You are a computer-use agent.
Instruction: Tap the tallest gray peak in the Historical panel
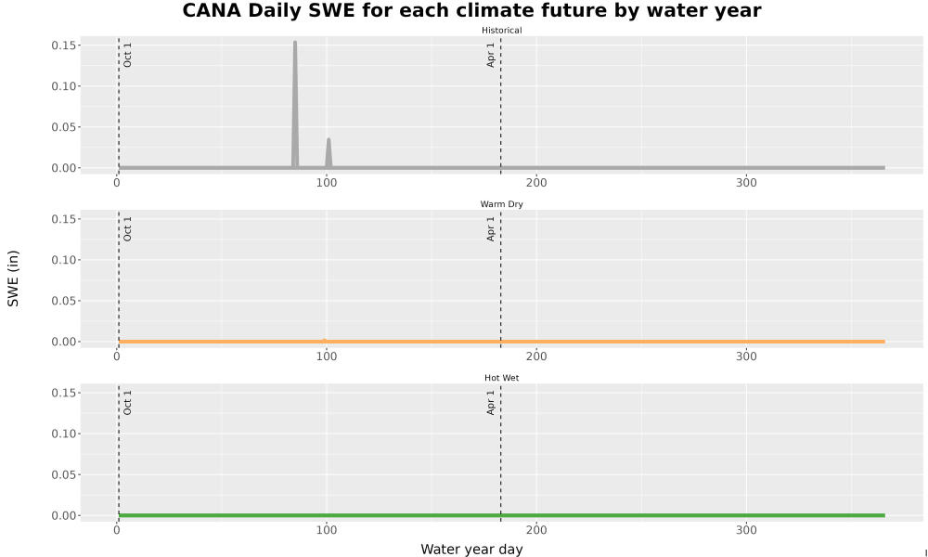pyautogui.click(x=295, y=43)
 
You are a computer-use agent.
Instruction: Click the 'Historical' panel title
pyautogui.click(x=501, y=31)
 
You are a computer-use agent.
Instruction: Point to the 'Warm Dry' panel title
pyautogui.click(x=501, y=204)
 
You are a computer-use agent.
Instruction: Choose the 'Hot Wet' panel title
pyautogui.click(x=501, y=378)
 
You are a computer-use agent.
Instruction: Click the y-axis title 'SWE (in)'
pyautogui.click(x=13, y=278)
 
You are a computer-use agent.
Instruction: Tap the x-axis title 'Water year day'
pyautogui.click(x=471, y=549)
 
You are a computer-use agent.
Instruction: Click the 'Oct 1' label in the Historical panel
pyautogui.click(x=127, y=55)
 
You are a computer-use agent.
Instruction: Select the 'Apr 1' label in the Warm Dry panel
pyautogui.click(x=490, y=228)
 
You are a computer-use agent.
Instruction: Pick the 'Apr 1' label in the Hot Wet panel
pyautogui.click(x=490, y=402)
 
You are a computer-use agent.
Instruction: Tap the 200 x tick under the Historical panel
pyautogui.click(x=536, y=183)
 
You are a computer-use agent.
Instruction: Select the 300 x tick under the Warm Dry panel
pyautogui.click(x=746, y=356)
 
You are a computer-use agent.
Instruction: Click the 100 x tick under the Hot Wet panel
pyautogui.click(x=326, y=530)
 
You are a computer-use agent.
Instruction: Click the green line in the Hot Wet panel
pyautogui.click(x=502, y=515)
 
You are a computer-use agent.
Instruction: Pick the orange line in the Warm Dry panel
pyautogui.click(x=502, y=342)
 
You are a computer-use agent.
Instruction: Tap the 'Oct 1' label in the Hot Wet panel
pyautogui.click(x=127, y=402)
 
